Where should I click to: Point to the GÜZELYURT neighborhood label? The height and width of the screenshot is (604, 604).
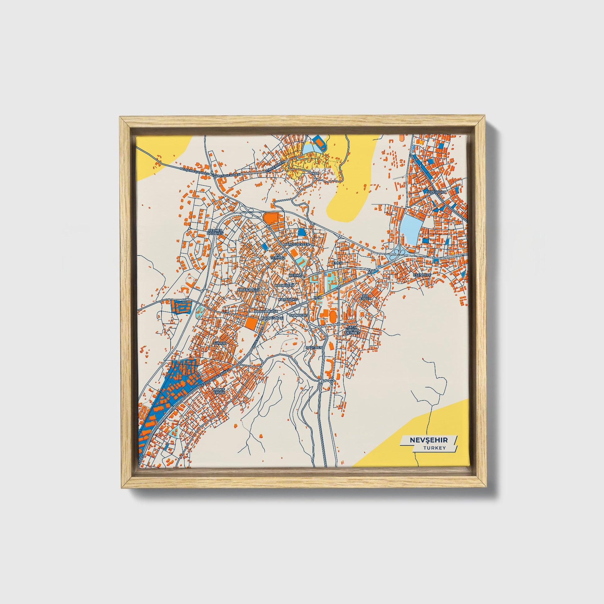point(437,193)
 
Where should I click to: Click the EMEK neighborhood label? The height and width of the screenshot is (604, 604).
point(337,263)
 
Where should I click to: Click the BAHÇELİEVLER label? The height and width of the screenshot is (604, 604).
point(296,244)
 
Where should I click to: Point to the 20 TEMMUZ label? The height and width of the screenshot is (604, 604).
point(278,256)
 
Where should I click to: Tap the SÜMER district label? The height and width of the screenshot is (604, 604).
point(219,343)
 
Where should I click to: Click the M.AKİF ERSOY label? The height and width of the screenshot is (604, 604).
point(219,391)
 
